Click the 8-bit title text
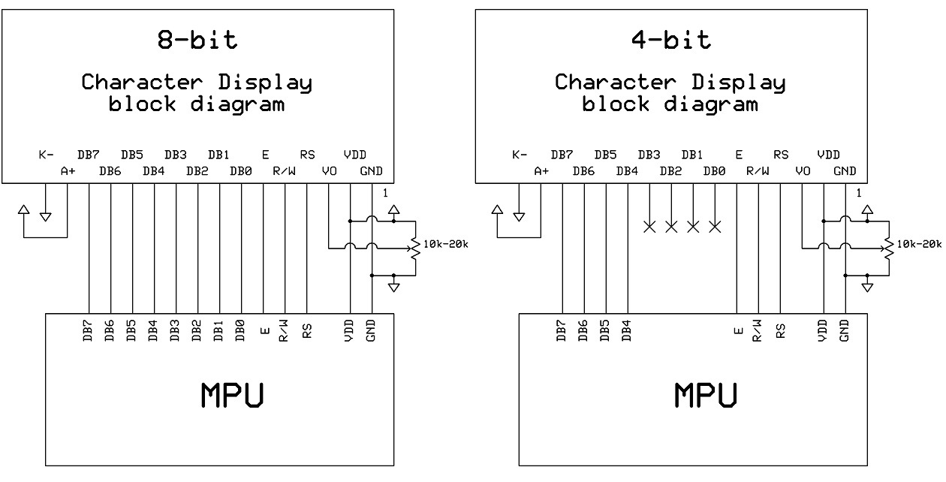pos(197,40)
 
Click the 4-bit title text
pos(671,40)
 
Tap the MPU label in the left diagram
pos(232,395)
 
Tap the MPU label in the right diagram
pos(706,395)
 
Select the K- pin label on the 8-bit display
pos(46,155)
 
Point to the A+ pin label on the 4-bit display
pos(541,171)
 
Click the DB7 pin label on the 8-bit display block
pos(89,155)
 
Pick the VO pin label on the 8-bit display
pos(329,171)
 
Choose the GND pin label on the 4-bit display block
pos(845,171)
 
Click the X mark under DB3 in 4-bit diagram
pos(649,227)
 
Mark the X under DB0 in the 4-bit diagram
pos(715,227)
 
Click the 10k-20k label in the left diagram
pos(445,244)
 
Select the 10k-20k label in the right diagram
pos(919,244)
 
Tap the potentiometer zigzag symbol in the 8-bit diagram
pos(416,249)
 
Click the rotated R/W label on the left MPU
pos(283,330)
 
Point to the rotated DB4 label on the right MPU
pos(626,330)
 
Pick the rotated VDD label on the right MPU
pos(822,330)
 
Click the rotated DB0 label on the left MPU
pos(240,330)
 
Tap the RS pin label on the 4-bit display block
pos(781,155)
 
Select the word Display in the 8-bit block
pos(265,83)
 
